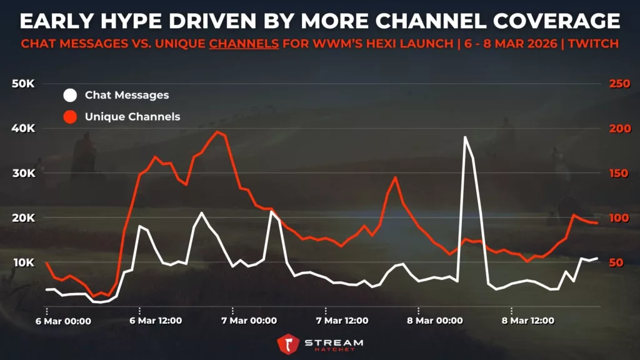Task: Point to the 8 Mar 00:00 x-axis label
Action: (x=433, y=321)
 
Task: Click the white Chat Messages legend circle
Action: (x=70, y=95)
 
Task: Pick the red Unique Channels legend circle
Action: (x=70, y=116)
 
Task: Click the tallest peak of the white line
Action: (x=465, y=137)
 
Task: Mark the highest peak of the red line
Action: (x=217, y=132)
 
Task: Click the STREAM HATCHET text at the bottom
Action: (x=333, y=345)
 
